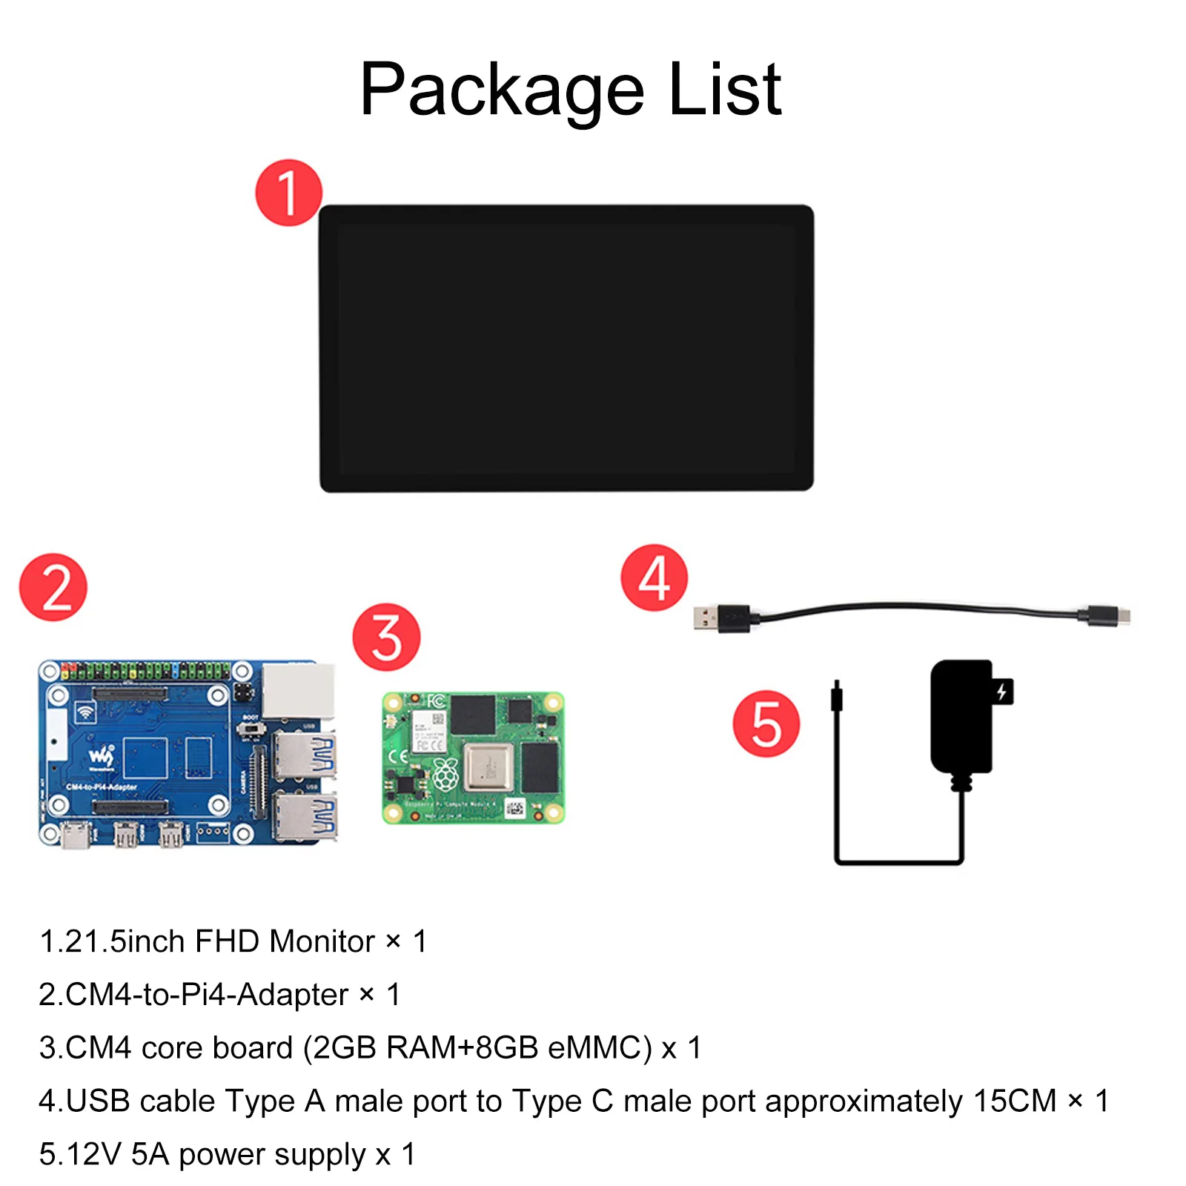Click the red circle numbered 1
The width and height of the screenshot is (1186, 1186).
coord(288,193)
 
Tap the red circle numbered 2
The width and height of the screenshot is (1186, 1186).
coord(53,587)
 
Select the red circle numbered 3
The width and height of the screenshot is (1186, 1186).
coord(386,637)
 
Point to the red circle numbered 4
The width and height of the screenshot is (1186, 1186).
coord(655,578)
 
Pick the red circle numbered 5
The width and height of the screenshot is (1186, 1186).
coord(766,723)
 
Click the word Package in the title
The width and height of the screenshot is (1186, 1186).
coord(502,90)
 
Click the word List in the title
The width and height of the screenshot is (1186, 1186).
coord(724,90)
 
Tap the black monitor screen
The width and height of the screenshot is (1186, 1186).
coord(566,348)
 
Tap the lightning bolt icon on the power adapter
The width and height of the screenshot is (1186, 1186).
coord(1001,692)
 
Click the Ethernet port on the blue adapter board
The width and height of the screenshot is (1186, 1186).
coord(298,689)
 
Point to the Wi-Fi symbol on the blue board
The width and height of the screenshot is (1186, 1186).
coord(86,712)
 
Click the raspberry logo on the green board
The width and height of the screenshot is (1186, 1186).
coord(445,775)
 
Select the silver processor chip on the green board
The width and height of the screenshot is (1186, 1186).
coord(488,767)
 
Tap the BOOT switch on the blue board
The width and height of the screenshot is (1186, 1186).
coord(251,729)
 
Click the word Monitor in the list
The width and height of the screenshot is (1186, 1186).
coord(322,941)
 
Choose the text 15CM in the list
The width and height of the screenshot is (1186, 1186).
coord(1015,1101)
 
